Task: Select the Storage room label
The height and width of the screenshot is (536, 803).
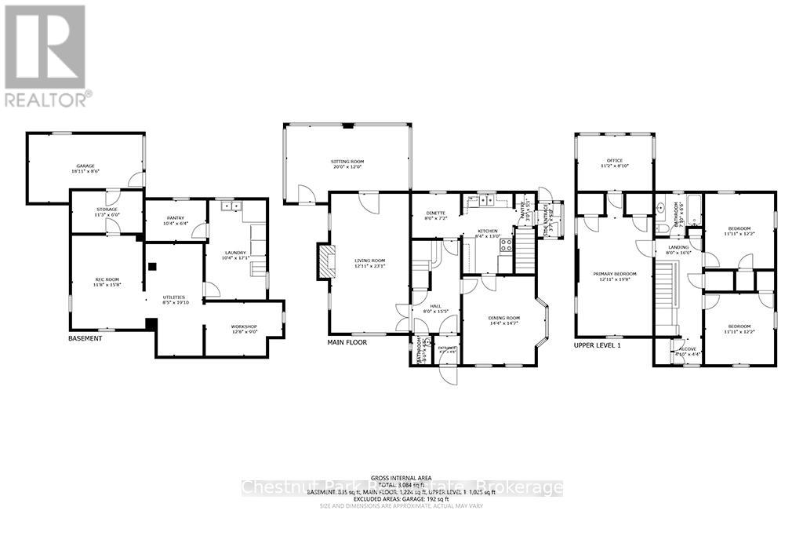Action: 107,211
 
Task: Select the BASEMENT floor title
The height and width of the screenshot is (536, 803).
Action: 86,339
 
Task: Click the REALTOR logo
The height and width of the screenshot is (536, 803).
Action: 45,55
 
